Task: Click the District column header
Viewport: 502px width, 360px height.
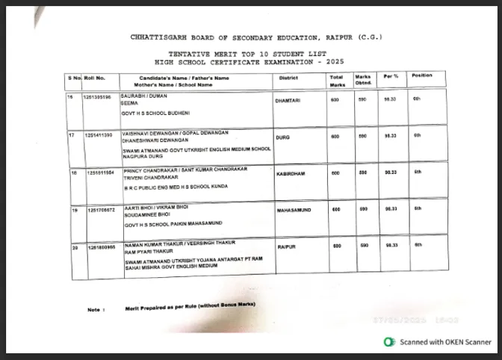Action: [289, 77]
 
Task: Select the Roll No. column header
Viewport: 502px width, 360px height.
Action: [95, 77]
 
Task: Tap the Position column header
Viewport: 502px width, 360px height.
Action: [422, 75]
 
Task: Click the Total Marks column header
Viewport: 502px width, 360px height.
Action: [337, 80]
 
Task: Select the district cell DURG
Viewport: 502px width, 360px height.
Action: [282, 137]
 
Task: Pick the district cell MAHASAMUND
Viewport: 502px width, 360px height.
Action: [292, 211]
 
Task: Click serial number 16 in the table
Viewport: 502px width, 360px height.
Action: [71, 97]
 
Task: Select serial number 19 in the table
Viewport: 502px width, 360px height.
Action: [72, 210]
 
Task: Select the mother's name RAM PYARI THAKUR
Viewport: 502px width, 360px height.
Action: [140, 252]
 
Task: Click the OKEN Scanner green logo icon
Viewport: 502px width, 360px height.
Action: [388, 341]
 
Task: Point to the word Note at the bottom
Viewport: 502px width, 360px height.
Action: [95, 309]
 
